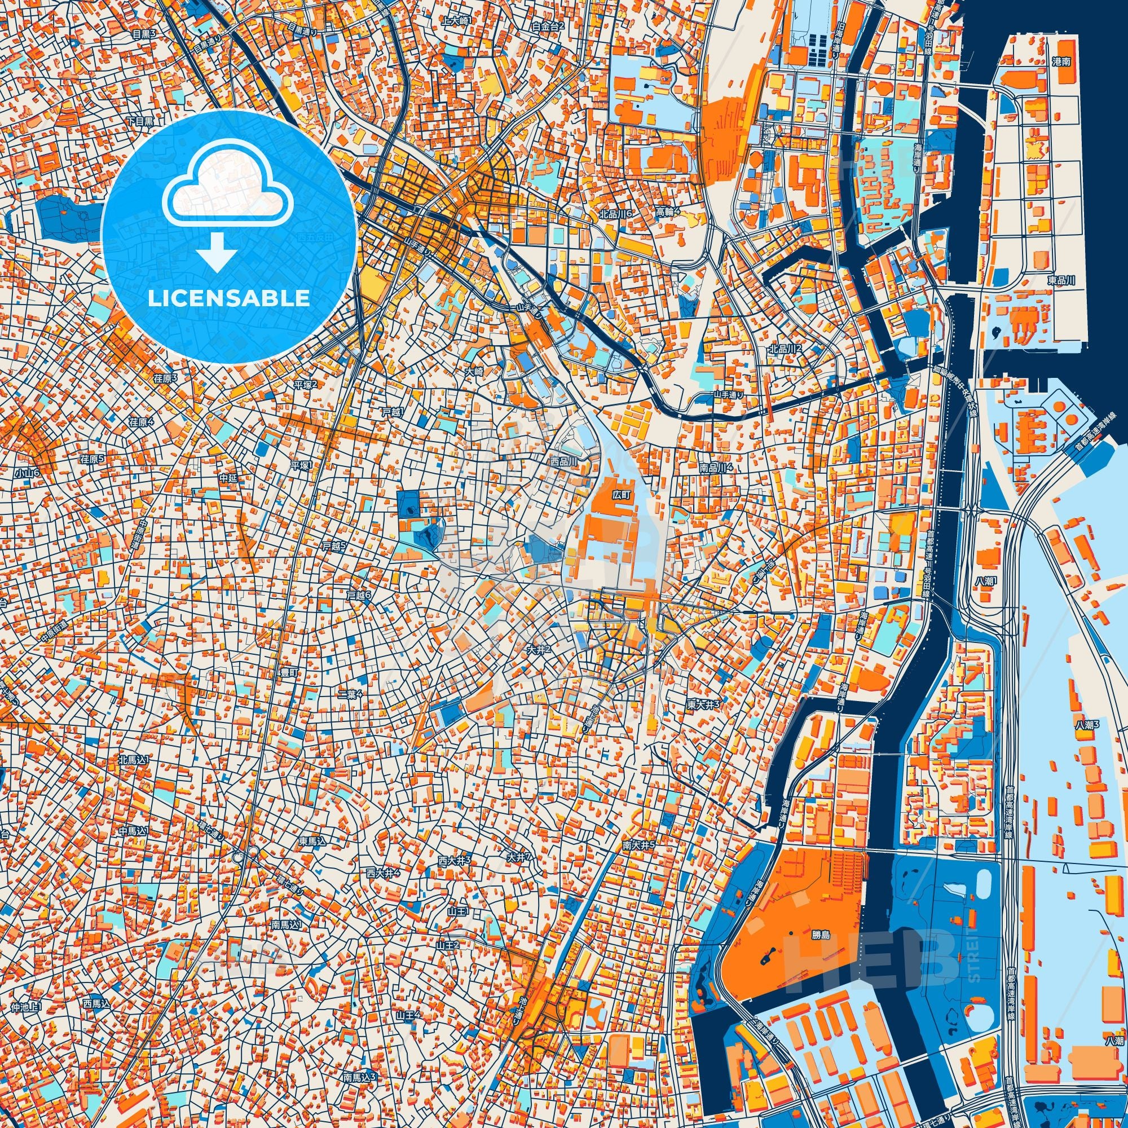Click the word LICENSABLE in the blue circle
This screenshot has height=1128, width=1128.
coord(228,298)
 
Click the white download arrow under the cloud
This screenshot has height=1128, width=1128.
coord(217,250)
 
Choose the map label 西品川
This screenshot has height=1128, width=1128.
coord(563,461)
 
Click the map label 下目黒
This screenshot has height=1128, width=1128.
coord(140,121)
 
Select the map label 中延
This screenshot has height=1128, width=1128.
coord(228,478)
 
